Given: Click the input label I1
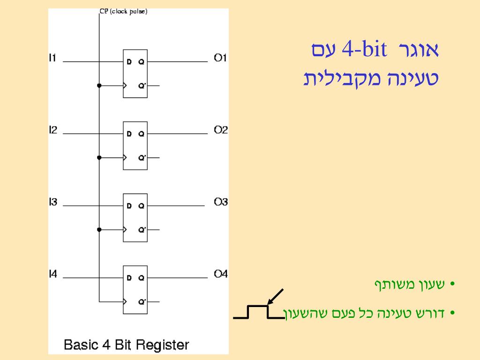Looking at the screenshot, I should point(52,58).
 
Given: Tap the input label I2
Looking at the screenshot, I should point(53,130).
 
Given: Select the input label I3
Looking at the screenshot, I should point(53,202).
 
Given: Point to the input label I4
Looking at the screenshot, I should point(53,274).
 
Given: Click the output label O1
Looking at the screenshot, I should point(220,58).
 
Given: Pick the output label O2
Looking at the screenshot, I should point(221,130).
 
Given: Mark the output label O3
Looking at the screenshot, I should point(221,202).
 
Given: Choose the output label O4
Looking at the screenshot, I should point(221,274).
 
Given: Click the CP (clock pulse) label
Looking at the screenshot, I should point(124,12).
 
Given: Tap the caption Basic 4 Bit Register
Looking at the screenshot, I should point(127,345).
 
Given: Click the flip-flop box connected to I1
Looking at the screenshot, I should point(135,73).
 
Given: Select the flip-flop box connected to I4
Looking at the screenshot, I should point(135,290).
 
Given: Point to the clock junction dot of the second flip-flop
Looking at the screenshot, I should point(99,157).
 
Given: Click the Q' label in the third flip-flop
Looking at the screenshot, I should point(142,230).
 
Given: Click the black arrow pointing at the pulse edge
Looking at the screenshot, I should point(276,297).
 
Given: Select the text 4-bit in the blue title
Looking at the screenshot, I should point(364,50).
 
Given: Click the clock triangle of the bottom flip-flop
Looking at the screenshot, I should point(125,302).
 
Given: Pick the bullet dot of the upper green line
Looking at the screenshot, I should point(452,285).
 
